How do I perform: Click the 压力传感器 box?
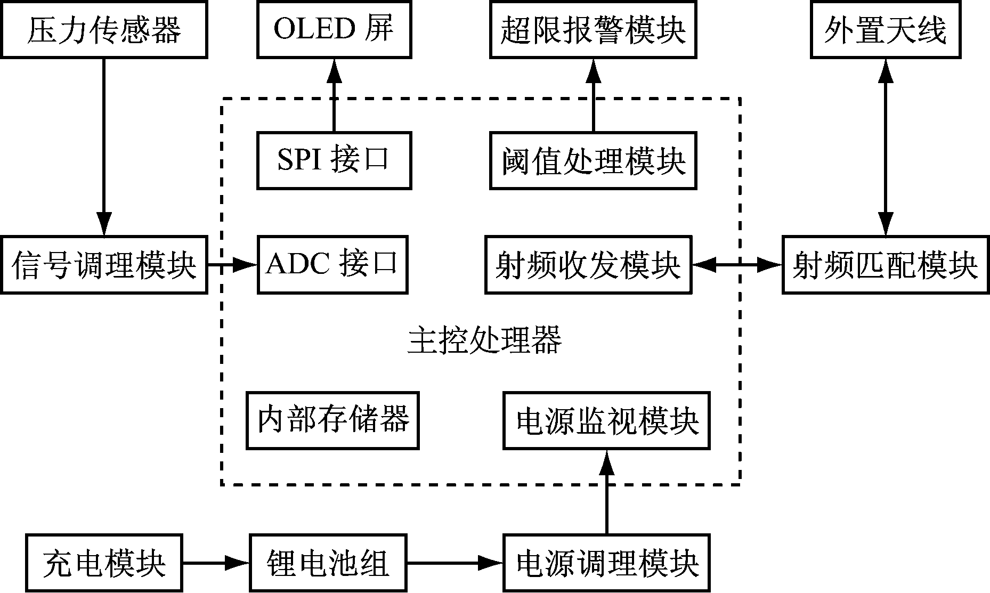click(x=104, y=29)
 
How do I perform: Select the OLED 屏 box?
click(x=334, y=29)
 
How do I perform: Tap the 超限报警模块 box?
click(x=593, y=29)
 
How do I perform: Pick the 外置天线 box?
click(x=886, y=29)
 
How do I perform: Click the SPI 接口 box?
click(x=334, y=160)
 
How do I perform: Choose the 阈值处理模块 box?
click(x=593, y=160)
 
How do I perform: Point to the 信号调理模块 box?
click(x=104, y=264)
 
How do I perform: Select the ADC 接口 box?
click(x=332, y=264)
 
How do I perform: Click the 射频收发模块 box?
click(x=588, y=264)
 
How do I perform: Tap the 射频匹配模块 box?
click(x=886, y=264)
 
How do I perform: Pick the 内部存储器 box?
click(x=332, y=420)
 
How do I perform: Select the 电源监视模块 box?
click(x=606, y=420)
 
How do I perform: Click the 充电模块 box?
click(x=104, y=563)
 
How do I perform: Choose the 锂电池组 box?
click(x=327, y=563)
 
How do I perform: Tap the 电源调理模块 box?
click(x=606, y=563)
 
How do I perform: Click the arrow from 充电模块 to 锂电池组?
click(x=216, y=563)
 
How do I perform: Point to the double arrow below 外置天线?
click(x=886, y=147)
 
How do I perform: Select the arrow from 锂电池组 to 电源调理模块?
click(x=454, y=563)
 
